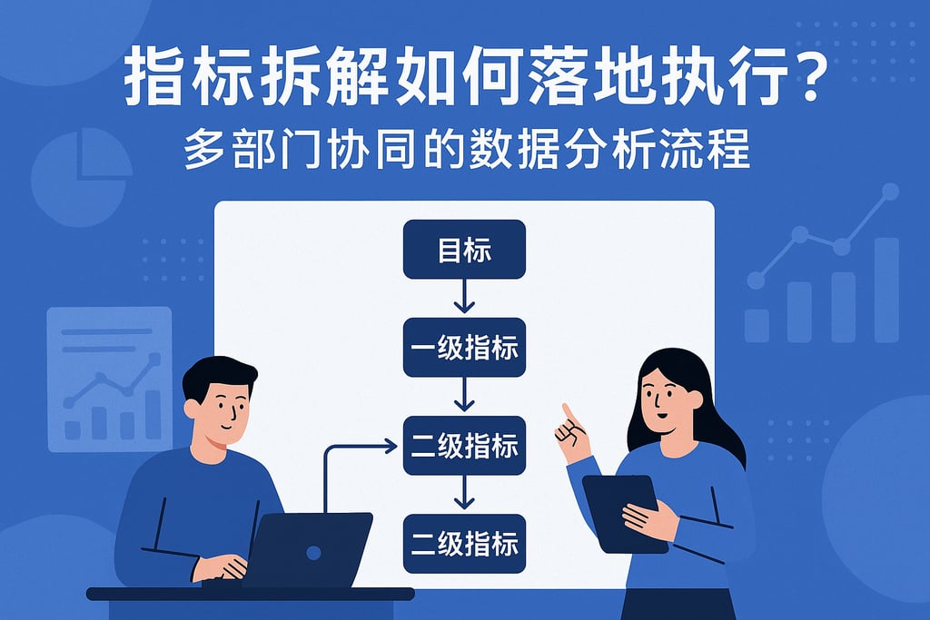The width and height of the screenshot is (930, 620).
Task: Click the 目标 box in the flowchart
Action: click(x=464, y=250)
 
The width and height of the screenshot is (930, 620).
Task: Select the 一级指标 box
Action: click(x=464, y=348)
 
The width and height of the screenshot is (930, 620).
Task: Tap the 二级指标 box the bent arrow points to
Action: click(x=464, y=446)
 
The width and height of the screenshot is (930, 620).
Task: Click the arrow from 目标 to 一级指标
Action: click(x=464, y=297)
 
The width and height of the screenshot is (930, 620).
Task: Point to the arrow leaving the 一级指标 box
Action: click(x=464, y=395)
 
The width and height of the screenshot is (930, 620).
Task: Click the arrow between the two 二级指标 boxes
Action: click(x=464, y=493)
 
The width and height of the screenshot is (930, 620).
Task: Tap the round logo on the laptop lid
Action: click(x=313, y=551)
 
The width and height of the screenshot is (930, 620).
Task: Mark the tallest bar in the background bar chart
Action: click(x=885, y=290)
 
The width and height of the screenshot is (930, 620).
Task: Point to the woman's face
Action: click(x=668, y=400)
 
